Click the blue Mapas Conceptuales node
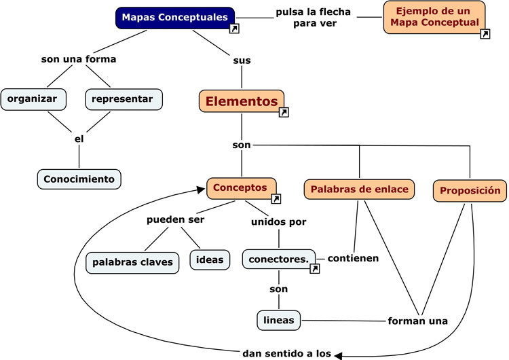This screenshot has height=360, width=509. pos(175,18)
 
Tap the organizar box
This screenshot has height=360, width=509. pos(33,98)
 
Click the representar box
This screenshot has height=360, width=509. pos(124,98)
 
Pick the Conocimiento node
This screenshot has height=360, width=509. pos(79,179)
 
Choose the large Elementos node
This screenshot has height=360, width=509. pos(242,101)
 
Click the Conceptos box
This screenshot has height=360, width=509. pos(242,187)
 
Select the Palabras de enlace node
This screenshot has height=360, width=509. pos(360,190)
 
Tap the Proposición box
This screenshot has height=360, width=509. pos(470,191)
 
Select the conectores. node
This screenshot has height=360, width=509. pos(278,259)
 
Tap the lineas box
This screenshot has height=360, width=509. pos(278,319)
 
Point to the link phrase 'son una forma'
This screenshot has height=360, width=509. pos(79,59)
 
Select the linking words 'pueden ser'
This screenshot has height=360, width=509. pos(176,220)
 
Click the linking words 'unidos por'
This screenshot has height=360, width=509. pos(278,221)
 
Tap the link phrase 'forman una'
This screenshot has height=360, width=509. pos(417,321)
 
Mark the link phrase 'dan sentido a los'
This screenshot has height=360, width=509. pos(286,353)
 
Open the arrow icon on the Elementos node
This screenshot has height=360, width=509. pos(284,112)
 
